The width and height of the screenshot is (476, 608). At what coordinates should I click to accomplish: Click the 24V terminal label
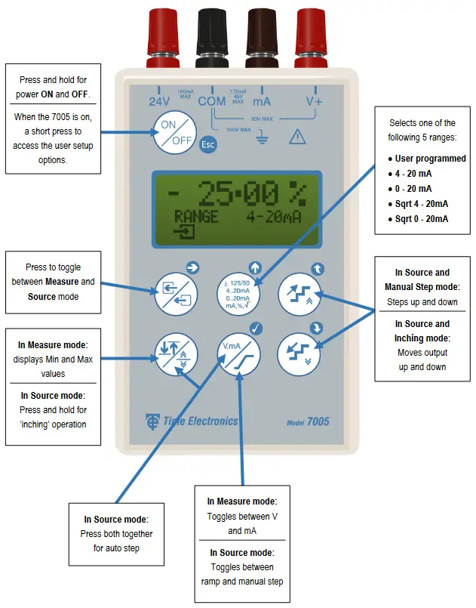(x=158, y=101)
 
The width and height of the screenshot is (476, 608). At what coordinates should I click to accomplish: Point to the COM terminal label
(x=212, y=101)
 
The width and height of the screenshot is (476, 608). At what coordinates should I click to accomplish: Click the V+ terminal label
(x=314, y=101)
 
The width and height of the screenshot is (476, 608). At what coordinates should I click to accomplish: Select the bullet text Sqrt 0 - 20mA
(x=422, y=219)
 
